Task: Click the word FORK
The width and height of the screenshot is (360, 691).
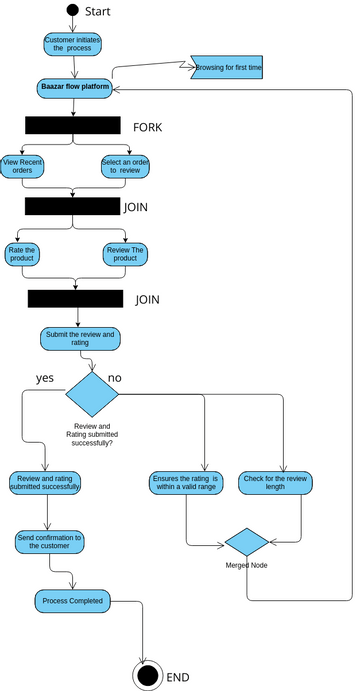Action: [x=147, y=127]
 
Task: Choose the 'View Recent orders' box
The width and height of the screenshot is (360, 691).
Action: [x=22, y=166]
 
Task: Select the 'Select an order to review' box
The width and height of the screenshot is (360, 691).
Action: [x=125, y=166]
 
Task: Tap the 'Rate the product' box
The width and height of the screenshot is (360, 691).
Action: [x=22, y=254]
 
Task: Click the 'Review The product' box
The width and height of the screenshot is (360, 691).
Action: [x=125, y=254]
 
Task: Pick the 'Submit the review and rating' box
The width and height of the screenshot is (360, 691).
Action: [x=80, y=338]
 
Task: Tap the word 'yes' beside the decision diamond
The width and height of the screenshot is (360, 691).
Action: [x=45, y=378]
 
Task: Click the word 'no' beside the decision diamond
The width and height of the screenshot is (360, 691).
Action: [x=114, y=378]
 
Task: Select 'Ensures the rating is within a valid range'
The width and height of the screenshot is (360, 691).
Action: [x=186, y=482]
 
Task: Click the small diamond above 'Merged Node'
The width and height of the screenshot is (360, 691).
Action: [x=246, y=542]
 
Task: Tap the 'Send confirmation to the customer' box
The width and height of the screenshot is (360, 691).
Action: [x=50, y=541]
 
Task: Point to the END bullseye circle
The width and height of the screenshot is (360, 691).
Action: [x=148, y=676]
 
